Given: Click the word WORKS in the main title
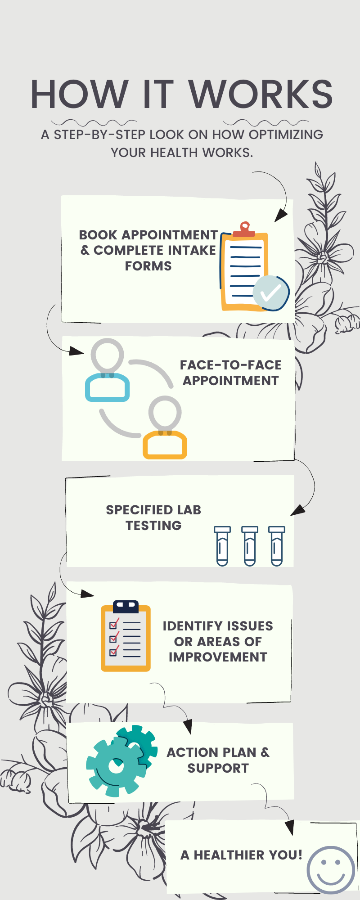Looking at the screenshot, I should (x=261, y=94).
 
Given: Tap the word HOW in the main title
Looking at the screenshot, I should (x=79, y=94).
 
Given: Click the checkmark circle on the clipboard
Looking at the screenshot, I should (x=270, y=293).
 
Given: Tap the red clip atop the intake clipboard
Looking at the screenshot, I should (x=244, y=229).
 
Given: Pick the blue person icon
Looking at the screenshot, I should (x=108, y=372).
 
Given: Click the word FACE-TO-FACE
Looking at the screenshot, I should (x=230, y=365).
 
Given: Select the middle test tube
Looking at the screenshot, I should (x=250, y=546).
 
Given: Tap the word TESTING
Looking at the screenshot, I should (x=153, y=526).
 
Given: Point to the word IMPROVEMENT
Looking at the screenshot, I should (x=218, y=657).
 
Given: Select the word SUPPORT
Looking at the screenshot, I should (x=218, y=768).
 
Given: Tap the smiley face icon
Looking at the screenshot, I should (x=331, y=870).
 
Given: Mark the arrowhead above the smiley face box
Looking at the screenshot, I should (x=290, y=826).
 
